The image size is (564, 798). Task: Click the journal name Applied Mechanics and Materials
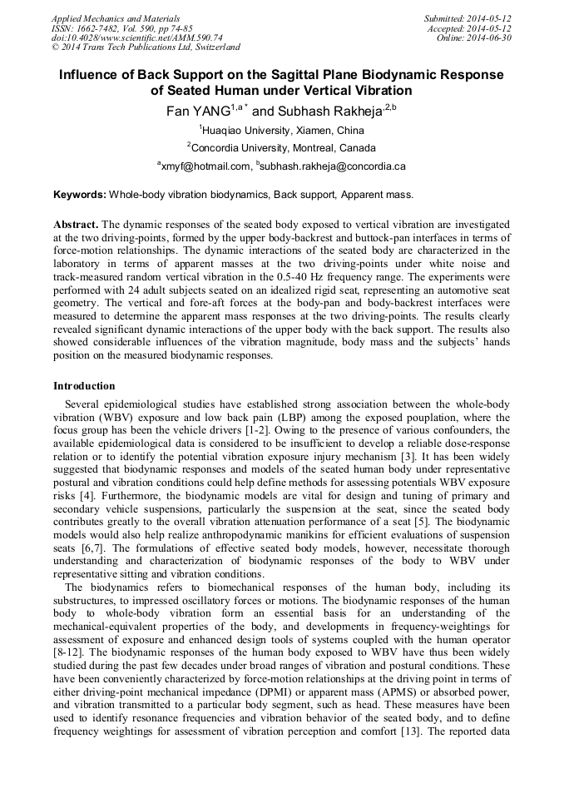(116, 17)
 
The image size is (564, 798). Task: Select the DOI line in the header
(136, 37)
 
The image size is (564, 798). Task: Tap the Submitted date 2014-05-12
(488, 17)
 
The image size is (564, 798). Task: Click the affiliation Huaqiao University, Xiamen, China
(283, 130)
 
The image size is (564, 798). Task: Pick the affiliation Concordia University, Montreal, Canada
(283, 147)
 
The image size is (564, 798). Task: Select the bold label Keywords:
(80, 194)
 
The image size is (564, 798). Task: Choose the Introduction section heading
(84, 386)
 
